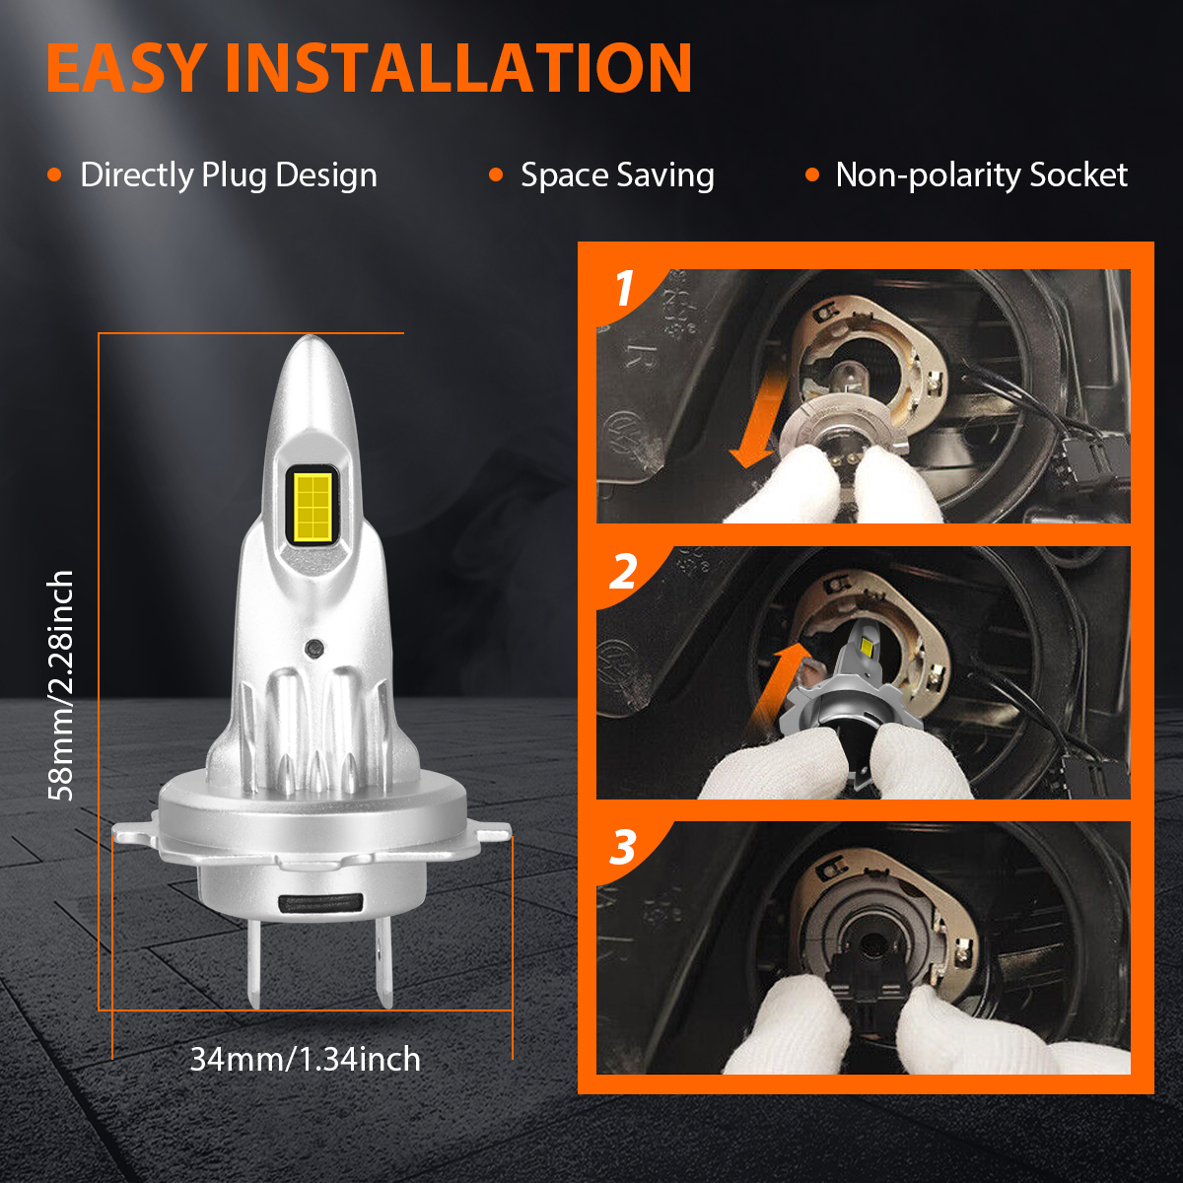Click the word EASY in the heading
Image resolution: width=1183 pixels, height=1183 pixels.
click(126, 68)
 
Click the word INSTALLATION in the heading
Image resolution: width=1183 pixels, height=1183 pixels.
click(459, 68)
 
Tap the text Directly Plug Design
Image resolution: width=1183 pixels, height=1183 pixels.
click(229, 175)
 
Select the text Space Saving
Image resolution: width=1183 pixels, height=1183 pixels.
click(617, 175)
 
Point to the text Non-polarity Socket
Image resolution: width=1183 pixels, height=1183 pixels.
click(981, 175)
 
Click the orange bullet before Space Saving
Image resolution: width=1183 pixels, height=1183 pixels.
click(496, 175)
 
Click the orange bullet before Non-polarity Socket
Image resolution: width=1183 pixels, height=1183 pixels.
click(812, 175)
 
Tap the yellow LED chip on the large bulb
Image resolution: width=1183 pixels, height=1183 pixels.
click(313, 508)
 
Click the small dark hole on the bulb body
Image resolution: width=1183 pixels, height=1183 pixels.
click(314, 647)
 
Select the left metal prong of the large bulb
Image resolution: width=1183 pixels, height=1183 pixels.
click(253, 963)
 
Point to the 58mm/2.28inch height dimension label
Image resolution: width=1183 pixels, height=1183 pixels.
click(61, 685)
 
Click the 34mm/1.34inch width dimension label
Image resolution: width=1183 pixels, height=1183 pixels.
click(306, 1059)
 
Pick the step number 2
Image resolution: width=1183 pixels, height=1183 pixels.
click(623, 572)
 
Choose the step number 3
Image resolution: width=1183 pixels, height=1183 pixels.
click(623, 847)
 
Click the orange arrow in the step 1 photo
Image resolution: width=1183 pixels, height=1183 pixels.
click(759, 421)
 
